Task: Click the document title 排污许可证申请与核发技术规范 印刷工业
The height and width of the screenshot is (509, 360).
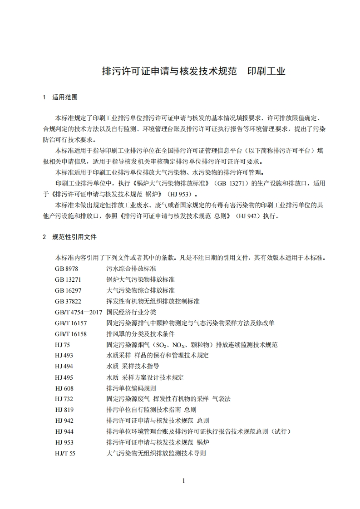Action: coord(193,72)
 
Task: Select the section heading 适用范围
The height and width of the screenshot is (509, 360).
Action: coord(65,98)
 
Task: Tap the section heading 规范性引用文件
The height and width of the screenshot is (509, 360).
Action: coord(74,237)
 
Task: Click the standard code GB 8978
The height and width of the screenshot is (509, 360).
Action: coord(66,269)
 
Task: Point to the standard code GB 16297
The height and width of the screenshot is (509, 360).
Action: coord(68,290)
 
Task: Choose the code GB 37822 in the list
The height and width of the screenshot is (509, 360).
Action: coord(68,301)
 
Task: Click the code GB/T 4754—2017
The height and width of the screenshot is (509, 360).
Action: coord(79,312)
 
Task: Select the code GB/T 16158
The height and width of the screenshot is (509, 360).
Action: coord(71,334)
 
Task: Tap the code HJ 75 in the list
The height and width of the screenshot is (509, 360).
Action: coord(63,345)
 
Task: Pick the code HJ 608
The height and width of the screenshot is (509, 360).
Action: coord(64,388)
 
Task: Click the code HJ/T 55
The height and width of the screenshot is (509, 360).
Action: coord(65,453)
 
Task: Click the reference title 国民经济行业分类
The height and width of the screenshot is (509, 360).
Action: coord(131,312)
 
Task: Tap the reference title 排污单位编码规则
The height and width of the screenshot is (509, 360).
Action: coord(131,388)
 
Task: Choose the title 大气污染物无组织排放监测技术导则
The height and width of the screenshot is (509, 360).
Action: coord(156,453)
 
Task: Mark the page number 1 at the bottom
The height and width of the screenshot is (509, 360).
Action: coord(183,481)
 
